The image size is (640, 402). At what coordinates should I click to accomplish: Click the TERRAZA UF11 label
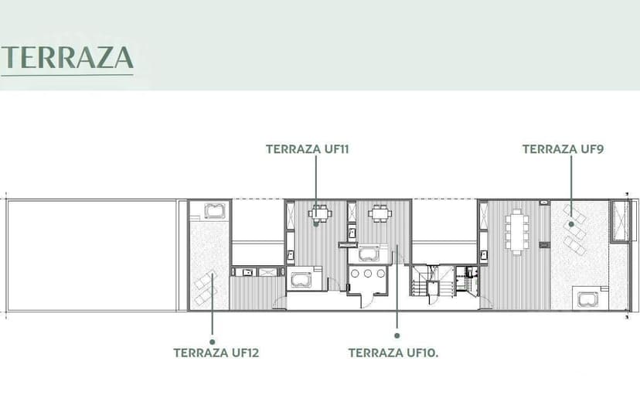pos(308,149)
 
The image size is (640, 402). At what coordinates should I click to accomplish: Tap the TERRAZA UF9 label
pos(563,149)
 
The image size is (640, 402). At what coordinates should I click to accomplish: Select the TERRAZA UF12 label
pos(216,353)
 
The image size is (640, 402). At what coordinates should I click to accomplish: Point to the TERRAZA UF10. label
pos(393,353)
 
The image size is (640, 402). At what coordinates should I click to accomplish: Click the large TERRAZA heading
pos(67,57)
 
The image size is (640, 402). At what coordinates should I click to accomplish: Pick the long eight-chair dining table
pos(517,232)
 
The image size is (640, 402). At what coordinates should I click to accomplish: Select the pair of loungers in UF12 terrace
pos(206,288)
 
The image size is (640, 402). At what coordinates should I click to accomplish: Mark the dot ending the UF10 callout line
pos(397,336)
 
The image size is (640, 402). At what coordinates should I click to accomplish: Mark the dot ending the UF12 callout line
pos(213,342)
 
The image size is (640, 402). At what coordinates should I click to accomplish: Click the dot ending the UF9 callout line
pos(571,224)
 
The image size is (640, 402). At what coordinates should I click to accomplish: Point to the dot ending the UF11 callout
pos(316,223)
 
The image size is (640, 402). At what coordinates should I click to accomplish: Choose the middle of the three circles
pos(368,274)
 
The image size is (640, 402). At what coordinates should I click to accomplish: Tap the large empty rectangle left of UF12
pos(91,255)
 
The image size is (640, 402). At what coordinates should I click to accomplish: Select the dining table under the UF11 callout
pos(319,213)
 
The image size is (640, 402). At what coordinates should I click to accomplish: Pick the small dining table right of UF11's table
pos(380,213)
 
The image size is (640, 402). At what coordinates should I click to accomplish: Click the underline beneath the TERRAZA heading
pos(67,75)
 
